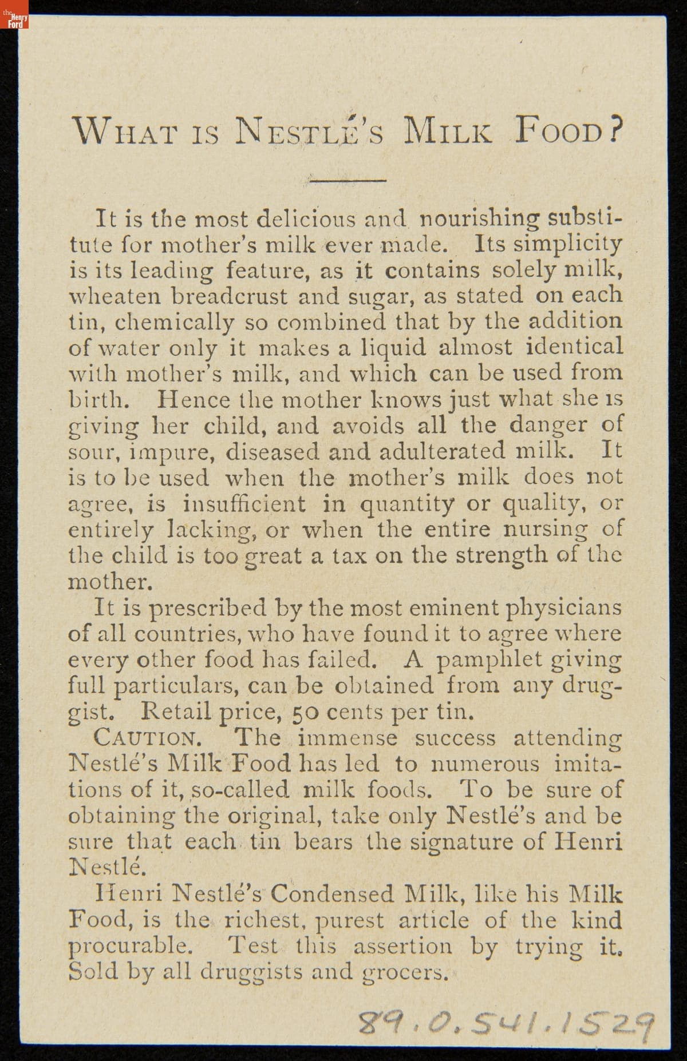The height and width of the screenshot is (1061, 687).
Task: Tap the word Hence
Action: (194, 399)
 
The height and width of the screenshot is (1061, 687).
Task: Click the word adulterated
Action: (448, 451)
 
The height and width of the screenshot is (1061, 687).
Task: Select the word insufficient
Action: (244, 503)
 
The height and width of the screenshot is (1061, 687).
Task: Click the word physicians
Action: (564, 607)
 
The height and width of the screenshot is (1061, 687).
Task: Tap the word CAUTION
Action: (147, 738)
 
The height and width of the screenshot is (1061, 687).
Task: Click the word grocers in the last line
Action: (406, 972)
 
